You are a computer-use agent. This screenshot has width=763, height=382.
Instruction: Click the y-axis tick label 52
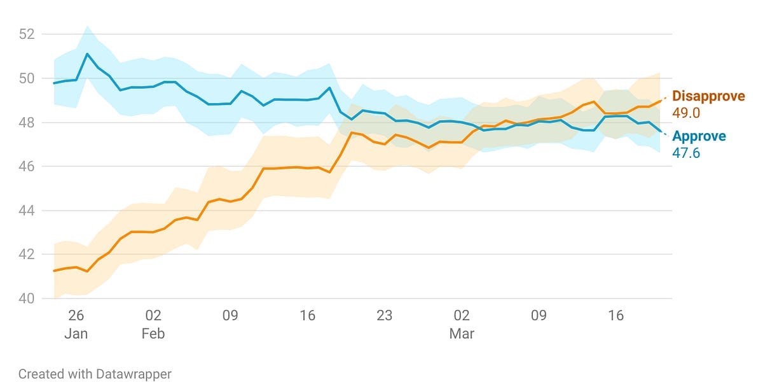(26, 34)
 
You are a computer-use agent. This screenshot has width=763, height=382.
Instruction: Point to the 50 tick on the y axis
(26, 78)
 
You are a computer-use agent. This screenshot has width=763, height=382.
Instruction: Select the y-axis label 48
(26, 122)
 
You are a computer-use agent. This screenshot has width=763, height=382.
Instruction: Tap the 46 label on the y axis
(26, 166)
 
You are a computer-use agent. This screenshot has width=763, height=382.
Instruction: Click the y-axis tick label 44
(26, 210)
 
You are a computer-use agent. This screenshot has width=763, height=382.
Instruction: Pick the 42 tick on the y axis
(26, 254)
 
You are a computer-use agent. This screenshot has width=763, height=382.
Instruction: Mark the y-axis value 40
(26, 298)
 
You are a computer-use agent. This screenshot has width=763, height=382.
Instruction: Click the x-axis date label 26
(76, 316)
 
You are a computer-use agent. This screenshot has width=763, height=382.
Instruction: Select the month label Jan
(76, 334)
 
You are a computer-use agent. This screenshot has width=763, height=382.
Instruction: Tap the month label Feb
(153, 334)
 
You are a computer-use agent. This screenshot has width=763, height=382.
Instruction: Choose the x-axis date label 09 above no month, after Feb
(230, 316)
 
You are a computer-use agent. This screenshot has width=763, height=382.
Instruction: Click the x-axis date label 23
(385, 316)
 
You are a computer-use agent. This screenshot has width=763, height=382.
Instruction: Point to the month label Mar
(462, 334)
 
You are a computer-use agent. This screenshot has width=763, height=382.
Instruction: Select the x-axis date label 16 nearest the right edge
(615, 316)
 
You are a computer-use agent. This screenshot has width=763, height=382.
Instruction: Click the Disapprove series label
(708, 97)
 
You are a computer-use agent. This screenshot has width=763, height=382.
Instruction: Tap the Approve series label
(699, 136)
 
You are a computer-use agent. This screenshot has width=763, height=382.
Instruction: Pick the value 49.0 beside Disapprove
(686, 113)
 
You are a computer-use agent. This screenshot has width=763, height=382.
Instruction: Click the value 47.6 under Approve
(686, 153)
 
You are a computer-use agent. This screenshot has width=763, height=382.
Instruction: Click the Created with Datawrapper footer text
(95, 374)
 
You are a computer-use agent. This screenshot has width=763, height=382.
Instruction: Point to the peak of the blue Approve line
(87, 54)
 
